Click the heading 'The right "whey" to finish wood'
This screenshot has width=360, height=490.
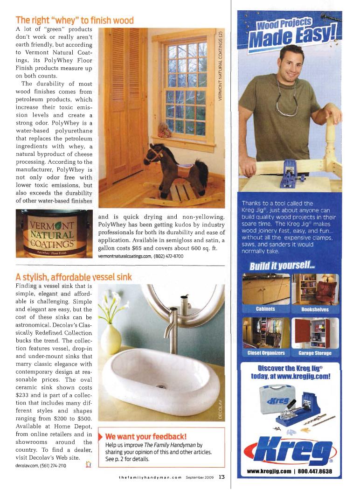75,21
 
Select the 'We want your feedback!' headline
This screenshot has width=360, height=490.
146,437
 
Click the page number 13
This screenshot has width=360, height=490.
222,477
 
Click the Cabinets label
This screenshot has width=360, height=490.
266,309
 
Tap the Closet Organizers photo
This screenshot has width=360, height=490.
266,332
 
